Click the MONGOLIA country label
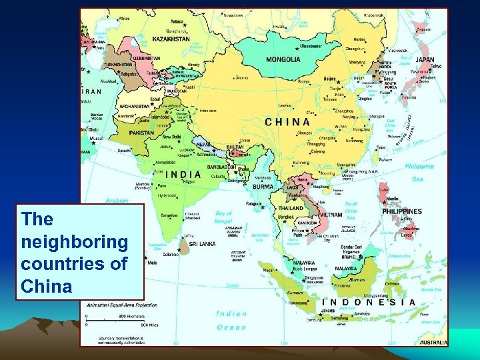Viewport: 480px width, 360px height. point(283,59)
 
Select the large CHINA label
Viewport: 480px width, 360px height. point(287,122)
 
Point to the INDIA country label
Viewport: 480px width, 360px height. point(183,175)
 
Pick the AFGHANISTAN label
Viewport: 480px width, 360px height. point(135,106)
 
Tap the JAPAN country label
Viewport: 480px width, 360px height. point(425,59)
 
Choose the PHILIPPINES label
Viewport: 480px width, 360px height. point(402,212)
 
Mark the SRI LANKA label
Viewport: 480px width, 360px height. point(202,244)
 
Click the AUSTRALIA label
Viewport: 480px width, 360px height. point(433,343)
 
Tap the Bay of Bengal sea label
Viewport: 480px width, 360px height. point(223,217)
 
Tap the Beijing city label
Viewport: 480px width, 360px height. point(330,79)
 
